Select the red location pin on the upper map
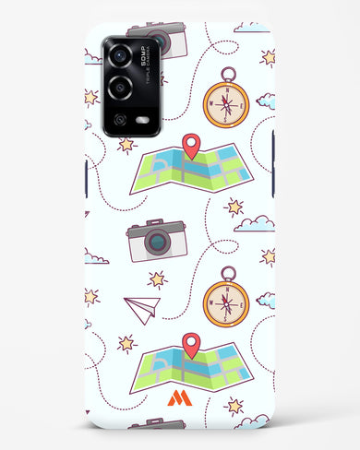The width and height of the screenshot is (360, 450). tap(191, 145)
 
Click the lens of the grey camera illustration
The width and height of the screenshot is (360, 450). tap(158, 243)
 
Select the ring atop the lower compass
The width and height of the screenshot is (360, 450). tap(226, 272)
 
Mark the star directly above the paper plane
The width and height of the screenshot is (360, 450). tap(158, 278)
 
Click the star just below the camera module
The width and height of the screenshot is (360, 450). tap(126, 144)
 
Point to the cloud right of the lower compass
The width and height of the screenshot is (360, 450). tap(266, 300)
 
